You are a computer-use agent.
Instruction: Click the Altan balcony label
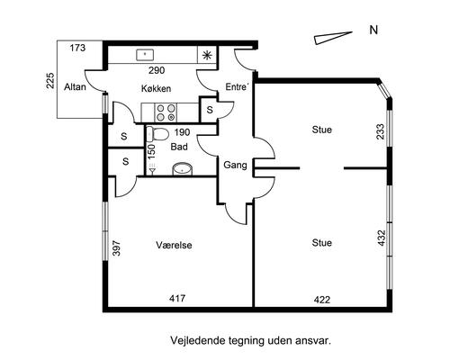coord(75,87)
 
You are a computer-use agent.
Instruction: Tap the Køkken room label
coord(156,88)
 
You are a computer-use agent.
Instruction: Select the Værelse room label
coord(174,245)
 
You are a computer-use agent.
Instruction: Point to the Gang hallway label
coord(236,165)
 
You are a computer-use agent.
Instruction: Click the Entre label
coord(237,87)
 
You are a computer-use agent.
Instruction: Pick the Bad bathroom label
coord(179,147)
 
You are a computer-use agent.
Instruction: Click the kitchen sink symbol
coord(145,55)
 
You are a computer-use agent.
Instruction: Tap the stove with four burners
coord(166,112)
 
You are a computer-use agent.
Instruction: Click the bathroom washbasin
coord(182,169)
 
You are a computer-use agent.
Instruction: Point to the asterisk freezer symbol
coord(206,55)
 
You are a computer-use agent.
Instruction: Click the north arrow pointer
coord(333,38)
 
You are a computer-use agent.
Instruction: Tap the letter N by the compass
coord(373,30)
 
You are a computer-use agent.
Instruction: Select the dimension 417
coord(177,299)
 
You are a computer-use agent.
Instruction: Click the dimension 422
coord(322,300)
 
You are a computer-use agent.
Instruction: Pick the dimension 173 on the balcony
coord(77,48)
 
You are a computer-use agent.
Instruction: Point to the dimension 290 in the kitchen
coord(157,70)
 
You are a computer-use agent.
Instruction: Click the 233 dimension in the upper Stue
coord(380,131)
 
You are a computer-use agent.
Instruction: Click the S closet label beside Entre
coord(210,110)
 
